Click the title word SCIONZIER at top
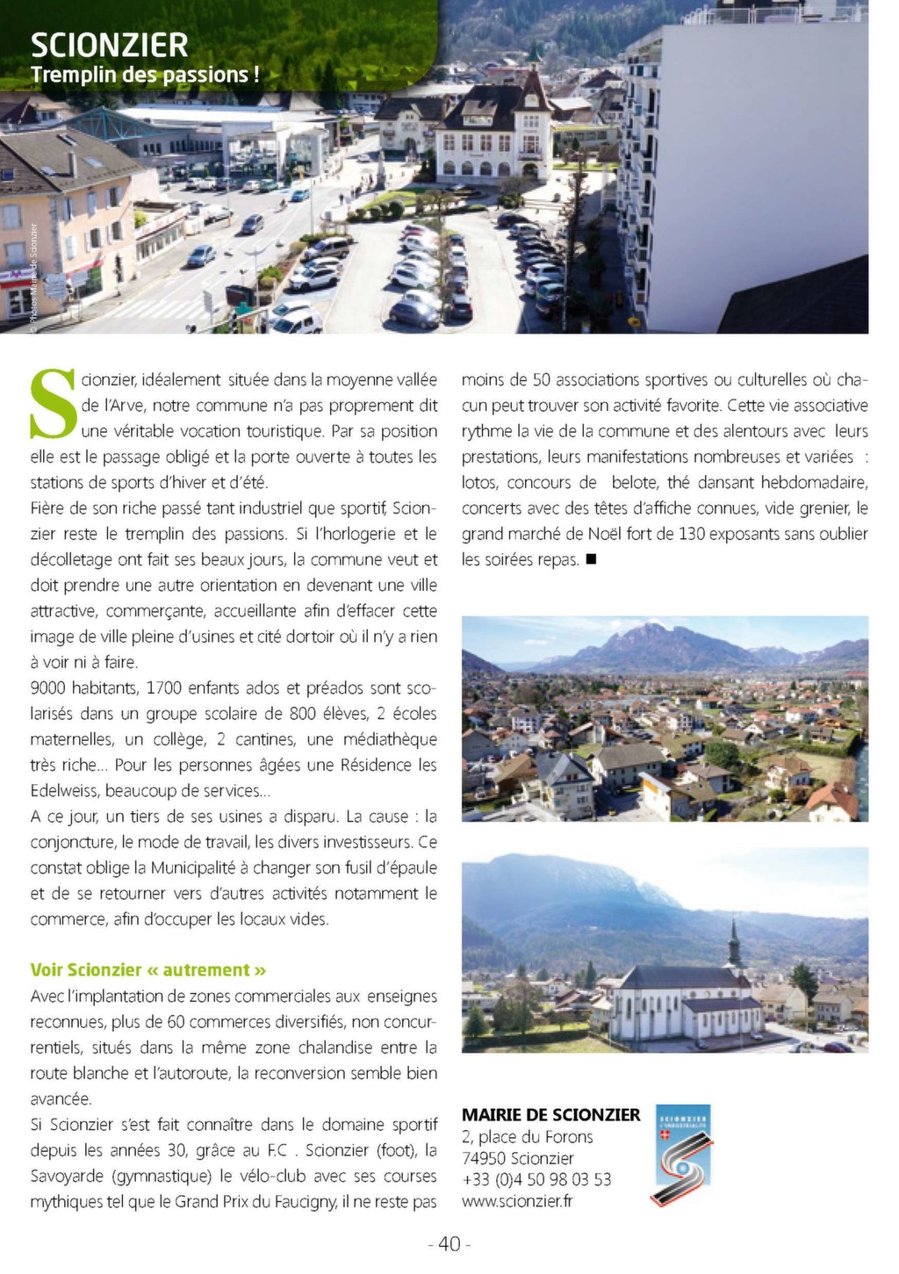click(109, 45)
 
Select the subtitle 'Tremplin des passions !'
click(145, 75)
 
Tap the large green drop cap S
click(54, 405)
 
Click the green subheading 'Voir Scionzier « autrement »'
click(148, 970)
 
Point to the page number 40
click(449, 1244)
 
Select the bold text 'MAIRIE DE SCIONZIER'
click(550, 1115)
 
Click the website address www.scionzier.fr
click(517, 1201)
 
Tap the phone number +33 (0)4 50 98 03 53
click(536, 1180)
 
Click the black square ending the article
click(591, 559)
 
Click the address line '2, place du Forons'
click(527, 1137)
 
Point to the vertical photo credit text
click(33, 273)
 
